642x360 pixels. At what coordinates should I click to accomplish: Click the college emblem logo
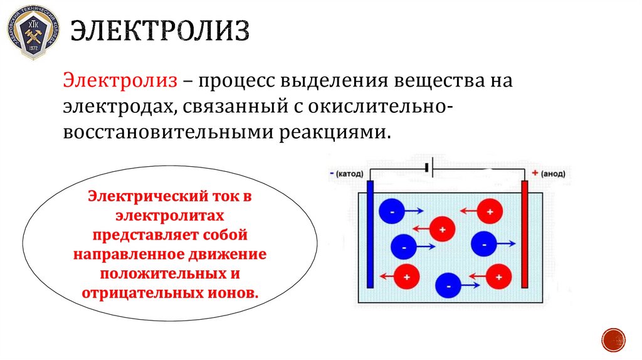32,32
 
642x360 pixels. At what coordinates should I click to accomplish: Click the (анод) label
553,172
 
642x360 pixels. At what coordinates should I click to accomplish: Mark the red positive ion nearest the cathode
407,275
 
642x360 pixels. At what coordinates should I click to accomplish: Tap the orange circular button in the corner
613,339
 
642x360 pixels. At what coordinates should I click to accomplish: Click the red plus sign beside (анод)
535,172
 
